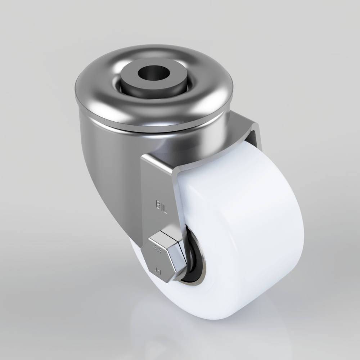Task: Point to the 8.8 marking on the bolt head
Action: point(157,248)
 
